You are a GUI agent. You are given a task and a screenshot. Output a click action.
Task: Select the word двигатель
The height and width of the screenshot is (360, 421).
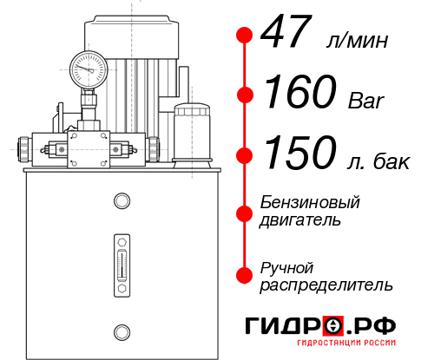click(x=300, y=220)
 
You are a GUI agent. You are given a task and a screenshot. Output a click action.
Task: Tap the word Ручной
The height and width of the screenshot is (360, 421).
click(x=286, y=266)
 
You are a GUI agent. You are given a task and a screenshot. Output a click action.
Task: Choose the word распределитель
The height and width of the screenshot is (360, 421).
click(x=326, y=285)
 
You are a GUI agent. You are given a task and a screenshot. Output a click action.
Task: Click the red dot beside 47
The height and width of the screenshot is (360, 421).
click(x=245, y=35)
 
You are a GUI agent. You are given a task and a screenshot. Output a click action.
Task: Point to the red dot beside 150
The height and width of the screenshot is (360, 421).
click(x=245, y=154)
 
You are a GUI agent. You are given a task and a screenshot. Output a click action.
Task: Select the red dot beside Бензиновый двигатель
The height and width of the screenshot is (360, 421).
click(x=245, y=211)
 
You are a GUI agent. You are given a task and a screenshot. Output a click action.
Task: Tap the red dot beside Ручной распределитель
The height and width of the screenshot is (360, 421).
click(x=245, y=275)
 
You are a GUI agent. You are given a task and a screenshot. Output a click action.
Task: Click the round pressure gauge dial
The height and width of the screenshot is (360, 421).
click(x=88, y=65)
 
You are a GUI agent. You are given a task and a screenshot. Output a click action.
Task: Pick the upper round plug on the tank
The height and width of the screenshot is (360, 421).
click(x=122, y=201)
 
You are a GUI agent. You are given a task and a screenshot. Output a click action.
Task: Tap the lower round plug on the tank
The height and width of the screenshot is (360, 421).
click(x=122, y=331)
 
